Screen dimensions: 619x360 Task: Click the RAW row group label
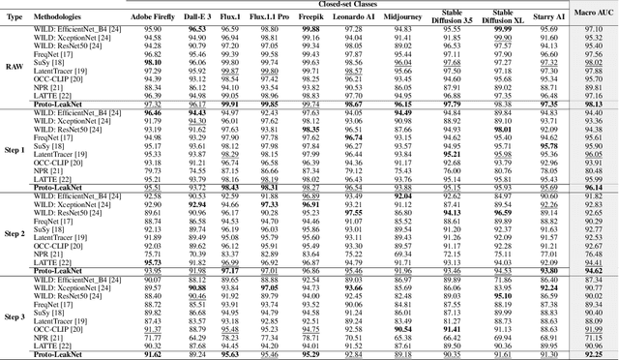tap(14, 66)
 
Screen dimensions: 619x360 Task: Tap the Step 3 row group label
tap(14, 315)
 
